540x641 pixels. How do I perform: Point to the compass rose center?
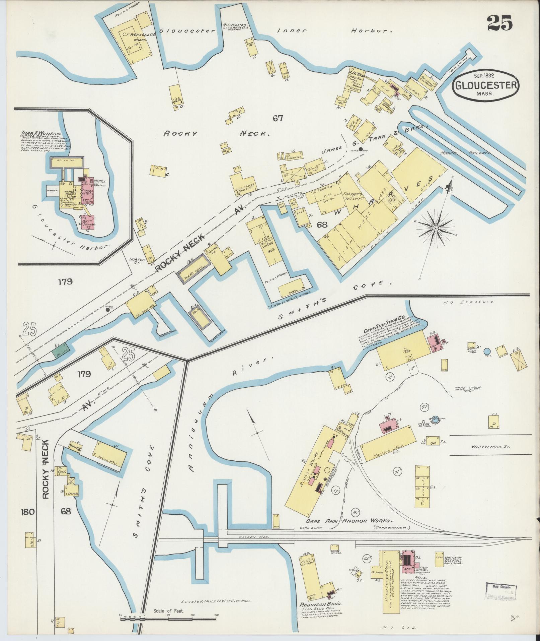[x=436, y=228]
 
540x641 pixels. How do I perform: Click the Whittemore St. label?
[x=490, y=447]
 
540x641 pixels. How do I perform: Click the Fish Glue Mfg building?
[x=139, y=301]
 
